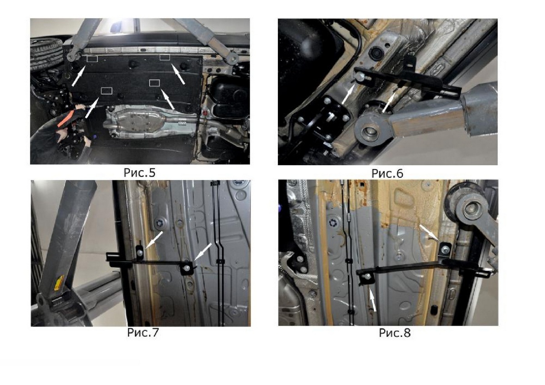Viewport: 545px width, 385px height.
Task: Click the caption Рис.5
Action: click(x=139, y=173)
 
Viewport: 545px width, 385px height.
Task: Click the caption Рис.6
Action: click(x=387, y=173)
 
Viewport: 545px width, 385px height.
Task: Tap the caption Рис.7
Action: click(x=143, y=332)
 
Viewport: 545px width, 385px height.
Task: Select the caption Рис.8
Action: click(x=395, y=333)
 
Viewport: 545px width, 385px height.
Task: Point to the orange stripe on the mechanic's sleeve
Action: click(x=66, y=118)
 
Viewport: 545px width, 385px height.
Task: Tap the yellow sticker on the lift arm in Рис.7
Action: click(x=59, y=282)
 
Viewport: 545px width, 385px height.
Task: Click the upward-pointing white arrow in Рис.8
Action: click(x=372, y=299)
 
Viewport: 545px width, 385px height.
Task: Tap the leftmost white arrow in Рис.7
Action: click(x=154, y=240)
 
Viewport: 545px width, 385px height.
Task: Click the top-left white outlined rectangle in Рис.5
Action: click(x=92, y=59)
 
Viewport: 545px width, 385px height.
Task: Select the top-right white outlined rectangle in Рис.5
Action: click(x=165, y=57)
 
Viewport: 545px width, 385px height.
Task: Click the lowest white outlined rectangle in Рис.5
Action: click(x=107, y=91)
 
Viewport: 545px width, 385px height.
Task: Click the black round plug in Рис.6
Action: click(x=375, y=52)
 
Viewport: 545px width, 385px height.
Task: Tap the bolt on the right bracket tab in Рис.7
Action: click(x=187, y=268)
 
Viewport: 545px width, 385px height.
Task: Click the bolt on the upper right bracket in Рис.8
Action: click(x=445, y=249)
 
